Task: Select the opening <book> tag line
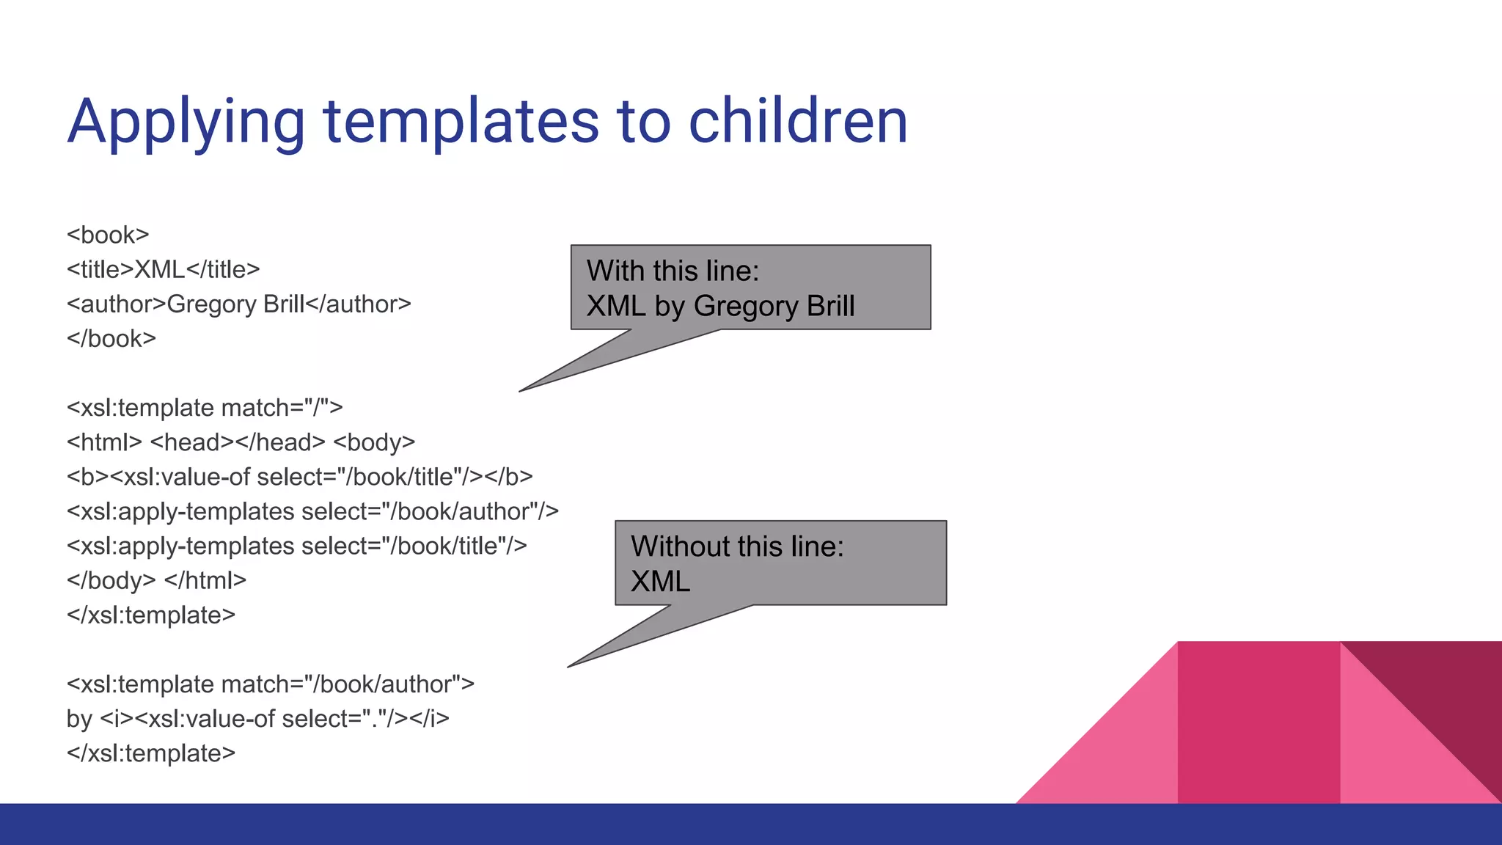coord(108,235)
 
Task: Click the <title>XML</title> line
coord(163,269)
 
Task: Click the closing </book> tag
coord(111,338)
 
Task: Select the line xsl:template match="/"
coord(205,407)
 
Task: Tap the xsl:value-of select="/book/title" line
coord(299,477)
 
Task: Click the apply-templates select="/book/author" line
coord(312,511)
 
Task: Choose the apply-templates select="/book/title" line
coord(296,546)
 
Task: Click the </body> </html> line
coord(156,580)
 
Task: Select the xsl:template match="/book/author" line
coord(270,684)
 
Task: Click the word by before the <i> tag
coord(79,719)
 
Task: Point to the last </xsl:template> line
coord(151,753)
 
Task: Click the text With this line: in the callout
coord(673,271)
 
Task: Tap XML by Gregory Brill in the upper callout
coord(720,306)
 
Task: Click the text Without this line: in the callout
coord(737,546)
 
